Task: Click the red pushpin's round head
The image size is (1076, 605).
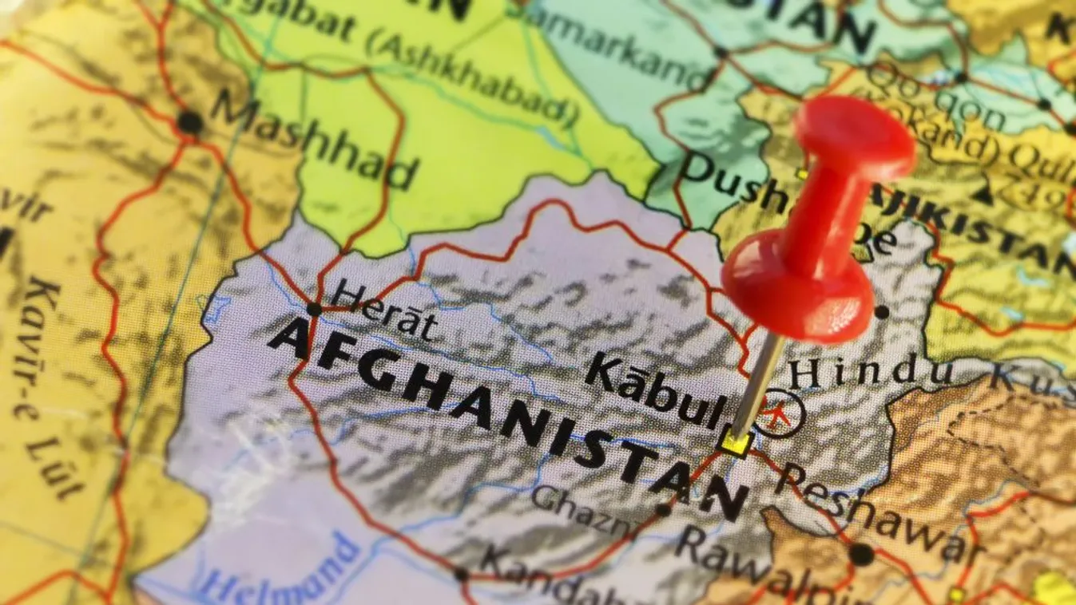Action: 855,137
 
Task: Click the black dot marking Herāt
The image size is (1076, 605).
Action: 314,309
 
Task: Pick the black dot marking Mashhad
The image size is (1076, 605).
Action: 189,122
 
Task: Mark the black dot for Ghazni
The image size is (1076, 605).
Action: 662,509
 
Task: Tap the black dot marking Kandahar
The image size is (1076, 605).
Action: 461,574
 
